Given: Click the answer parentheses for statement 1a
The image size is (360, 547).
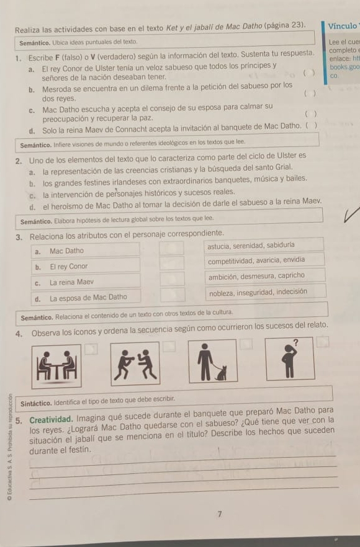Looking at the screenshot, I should [307, 72].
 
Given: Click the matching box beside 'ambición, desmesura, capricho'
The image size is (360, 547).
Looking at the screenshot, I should [172, 278].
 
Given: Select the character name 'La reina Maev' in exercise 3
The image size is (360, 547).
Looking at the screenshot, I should [72, 282].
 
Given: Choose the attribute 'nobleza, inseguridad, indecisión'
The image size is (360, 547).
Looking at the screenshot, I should [258, 291].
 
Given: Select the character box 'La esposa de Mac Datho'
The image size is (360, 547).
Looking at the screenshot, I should [88, 297].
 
